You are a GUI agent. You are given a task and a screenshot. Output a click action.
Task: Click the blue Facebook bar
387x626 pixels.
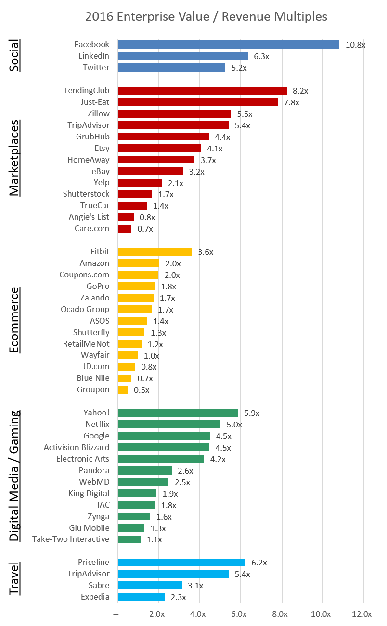click(x=229, y=44)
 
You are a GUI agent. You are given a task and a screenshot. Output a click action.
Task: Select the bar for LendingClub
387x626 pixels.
click(x=202, y=90)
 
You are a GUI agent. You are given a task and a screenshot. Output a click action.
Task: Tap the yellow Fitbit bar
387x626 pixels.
click(x=155, y=251)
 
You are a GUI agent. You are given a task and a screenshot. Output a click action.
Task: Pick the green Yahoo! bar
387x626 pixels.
click(x=178, y=413)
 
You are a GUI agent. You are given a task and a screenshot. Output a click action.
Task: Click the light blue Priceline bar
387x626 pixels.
click(x=181, y=562)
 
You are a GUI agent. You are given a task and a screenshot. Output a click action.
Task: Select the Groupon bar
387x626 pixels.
click(x=123, y=390)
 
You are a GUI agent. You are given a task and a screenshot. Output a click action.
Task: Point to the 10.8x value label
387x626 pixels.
click(x=355, y=45)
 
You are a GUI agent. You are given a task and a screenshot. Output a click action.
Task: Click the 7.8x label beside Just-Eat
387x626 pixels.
click(x=290, y=102)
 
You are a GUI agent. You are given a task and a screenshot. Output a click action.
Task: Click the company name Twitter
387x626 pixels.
click(x=96, y=67)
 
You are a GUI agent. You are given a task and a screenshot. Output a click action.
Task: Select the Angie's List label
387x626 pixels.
click(x=89, y=217)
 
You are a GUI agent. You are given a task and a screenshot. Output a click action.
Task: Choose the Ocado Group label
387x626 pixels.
click(x=85, y=309)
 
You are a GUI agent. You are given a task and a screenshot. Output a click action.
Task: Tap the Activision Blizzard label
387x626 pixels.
click(x=77, y=447)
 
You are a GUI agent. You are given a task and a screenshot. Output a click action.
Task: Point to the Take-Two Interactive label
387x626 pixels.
click(x=71, y=539)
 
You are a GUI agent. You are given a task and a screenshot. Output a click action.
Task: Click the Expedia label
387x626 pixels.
click(x=95, y=597)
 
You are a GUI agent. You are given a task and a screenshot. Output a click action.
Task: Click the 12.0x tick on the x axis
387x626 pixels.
click(x=362, y=614)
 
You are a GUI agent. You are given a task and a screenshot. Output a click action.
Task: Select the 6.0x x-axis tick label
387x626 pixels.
click(x=239, y=614)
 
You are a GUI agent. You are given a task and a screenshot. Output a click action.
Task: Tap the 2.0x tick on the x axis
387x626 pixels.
click(x=157, y=614)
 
